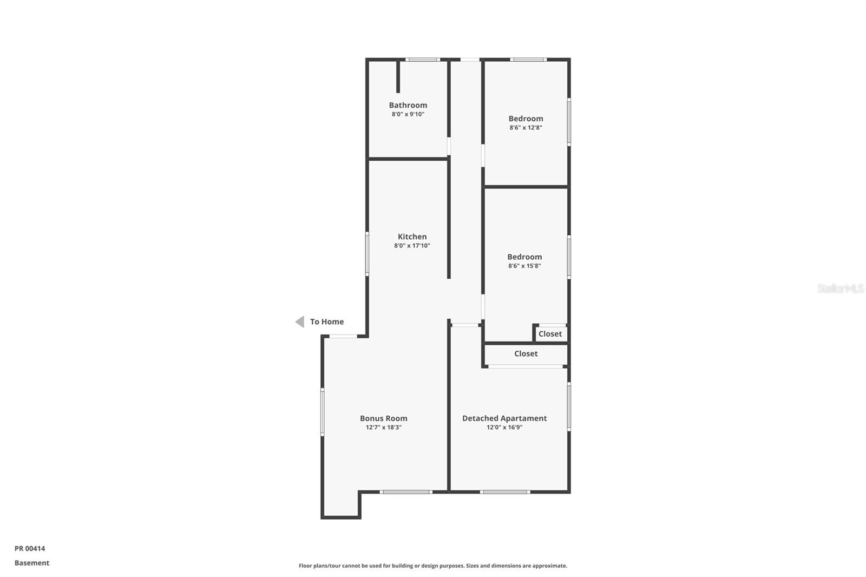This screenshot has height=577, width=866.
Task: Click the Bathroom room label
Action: (408, 105)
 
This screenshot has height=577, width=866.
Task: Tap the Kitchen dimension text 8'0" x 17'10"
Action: (412, 246)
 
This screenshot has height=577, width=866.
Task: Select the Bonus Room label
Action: (383, 418)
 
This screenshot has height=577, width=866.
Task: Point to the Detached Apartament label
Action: (504, 418)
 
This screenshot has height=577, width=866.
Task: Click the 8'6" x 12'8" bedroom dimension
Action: (525, 128)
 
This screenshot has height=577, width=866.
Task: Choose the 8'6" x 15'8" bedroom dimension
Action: (524, 266)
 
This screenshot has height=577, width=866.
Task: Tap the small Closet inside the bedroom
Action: (550, 334)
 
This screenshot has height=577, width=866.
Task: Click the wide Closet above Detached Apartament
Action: (526, 353)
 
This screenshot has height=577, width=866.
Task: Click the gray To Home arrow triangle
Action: (300, 322)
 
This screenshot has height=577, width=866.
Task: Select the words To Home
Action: (326, 322)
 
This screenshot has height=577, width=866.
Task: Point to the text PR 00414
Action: (30, 548)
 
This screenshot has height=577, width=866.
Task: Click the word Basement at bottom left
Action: (32, 563)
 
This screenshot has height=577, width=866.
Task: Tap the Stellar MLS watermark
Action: (840, 289)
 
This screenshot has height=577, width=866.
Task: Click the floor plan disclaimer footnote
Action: (432, 566)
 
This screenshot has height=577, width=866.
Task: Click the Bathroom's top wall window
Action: (423, 60)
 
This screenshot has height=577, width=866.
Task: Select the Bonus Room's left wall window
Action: (322, 411)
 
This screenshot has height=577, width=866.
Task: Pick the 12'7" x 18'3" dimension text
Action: (383, 428)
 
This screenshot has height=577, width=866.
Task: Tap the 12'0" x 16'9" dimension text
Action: (504, 428)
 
